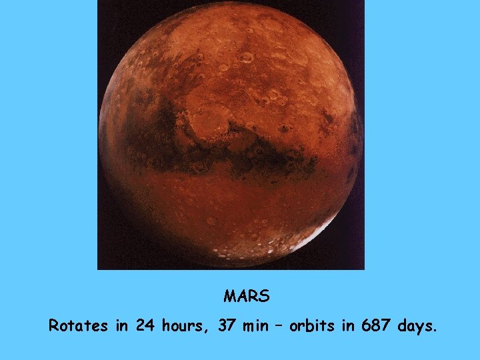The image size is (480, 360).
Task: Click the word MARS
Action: pos(247,295)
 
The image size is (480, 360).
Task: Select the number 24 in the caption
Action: pos(145,327)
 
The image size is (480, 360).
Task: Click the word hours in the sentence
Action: pos(180,327)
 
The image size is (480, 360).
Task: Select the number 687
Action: pos(377,327)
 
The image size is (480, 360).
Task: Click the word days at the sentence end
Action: pos(416,327)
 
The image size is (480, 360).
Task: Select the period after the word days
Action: pos(435,331)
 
